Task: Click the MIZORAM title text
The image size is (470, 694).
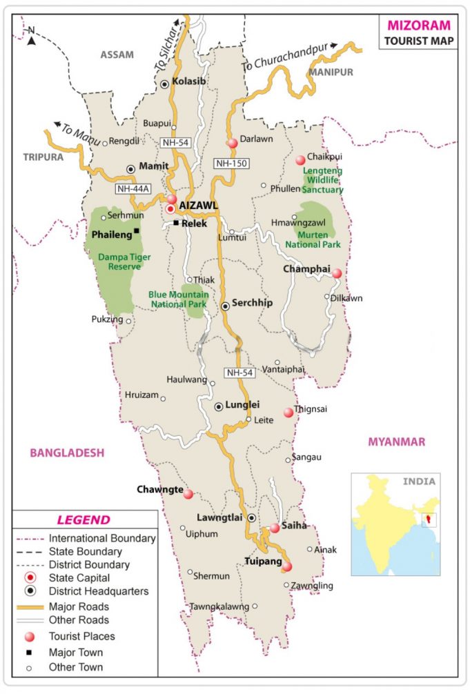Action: (x=419, y=26)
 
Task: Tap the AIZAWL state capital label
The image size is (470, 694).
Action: (x=199, y=206)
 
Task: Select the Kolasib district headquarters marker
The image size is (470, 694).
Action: (x=165, y=84)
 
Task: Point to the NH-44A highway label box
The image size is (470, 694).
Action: (x=133, y=188)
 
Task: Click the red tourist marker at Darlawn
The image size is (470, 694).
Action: (x=233, y=143)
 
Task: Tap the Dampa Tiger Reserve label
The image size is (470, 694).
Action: (x=124, y=261)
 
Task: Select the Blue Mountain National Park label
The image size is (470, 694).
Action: (x=179, y=299)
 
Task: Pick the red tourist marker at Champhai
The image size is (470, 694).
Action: (x=337, y=273)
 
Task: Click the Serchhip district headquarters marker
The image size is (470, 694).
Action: (x=225, y=306)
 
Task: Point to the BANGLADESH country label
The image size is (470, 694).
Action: (x=67, y=453)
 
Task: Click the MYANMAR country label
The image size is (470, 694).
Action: (x=397, y=442)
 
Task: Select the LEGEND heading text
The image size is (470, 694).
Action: (x=83, y=520)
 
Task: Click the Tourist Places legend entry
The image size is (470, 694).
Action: (x=81, y=636)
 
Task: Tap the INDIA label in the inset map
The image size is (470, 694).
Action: (x=420, y=482)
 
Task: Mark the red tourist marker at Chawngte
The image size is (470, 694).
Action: (x=188, y=494)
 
